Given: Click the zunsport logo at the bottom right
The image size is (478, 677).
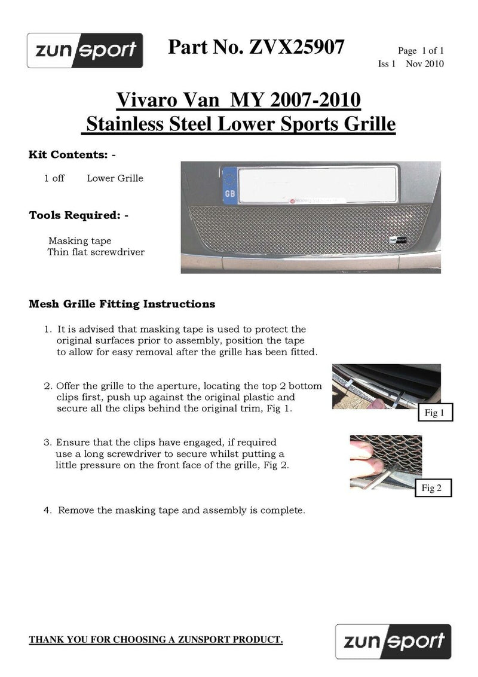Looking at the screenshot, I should point(392,642).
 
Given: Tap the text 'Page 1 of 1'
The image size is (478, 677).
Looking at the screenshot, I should point(420,51).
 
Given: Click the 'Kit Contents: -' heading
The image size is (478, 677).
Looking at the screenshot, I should point(72,155).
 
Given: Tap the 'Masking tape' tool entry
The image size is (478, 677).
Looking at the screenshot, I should point(79,241).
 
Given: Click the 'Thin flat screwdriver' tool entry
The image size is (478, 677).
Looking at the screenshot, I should point(96,252).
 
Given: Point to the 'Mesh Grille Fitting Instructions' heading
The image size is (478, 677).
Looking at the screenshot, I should point(122,304).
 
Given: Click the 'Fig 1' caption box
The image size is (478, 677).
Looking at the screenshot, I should point(431,413).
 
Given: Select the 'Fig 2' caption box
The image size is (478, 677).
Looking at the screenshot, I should point(431,488).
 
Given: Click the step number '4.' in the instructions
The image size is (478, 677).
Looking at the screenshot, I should point(48,511).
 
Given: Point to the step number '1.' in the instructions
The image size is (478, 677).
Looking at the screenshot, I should point(48,330).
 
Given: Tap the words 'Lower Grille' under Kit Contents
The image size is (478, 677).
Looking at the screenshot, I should point(115,178).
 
